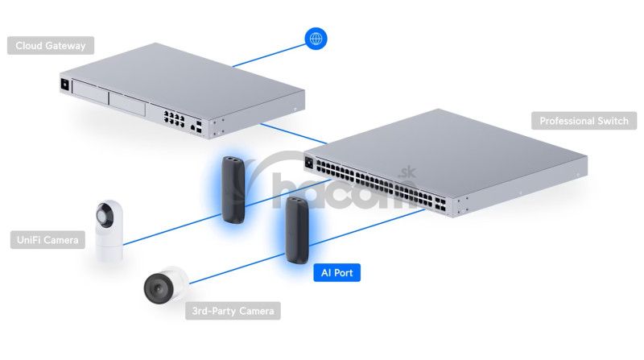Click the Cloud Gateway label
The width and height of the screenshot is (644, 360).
50,45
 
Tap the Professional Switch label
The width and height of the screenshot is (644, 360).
584,121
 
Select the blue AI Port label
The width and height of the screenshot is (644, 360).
336,273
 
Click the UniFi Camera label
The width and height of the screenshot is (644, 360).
47,239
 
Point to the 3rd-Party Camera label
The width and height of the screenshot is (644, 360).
233,310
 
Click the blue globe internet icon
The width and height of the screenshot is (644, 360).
316,38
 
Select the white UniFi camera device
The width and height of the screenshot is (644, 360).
107,228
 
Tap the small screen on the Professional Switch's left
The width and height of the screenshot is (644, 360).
308,162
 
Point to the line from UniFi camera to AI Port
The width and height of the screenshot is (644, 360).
169,224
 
